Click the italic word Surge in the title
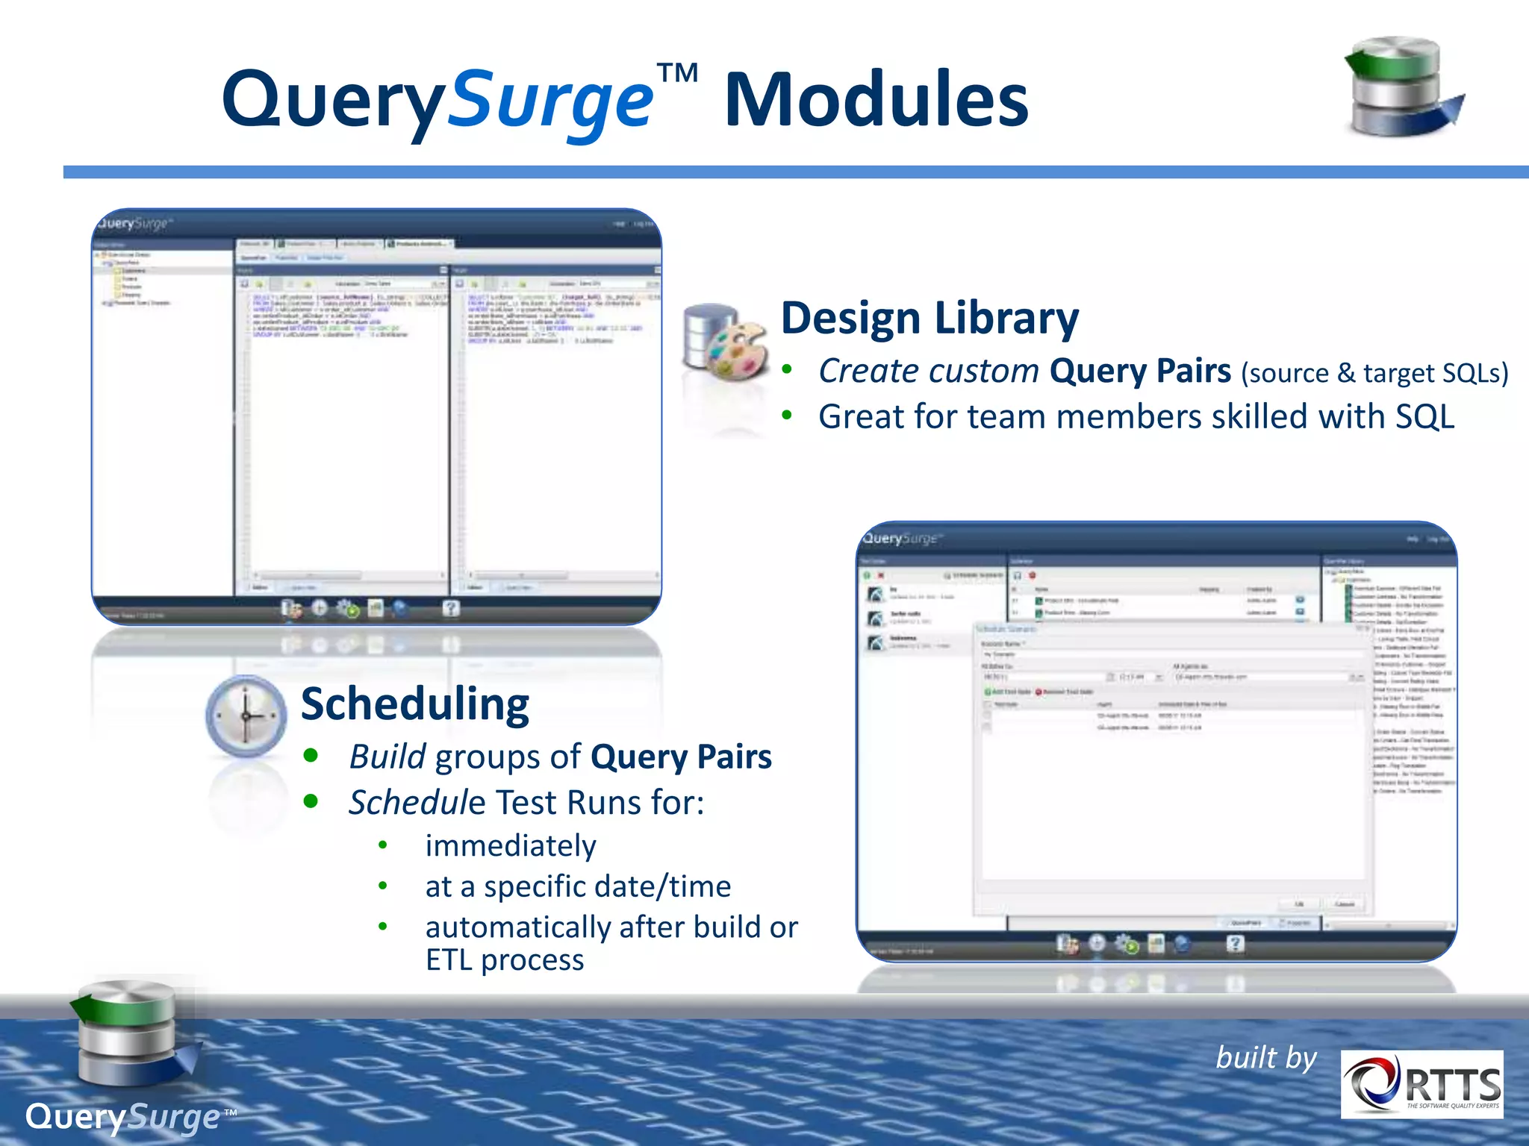point(550,101)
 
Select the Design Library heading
point(929,318)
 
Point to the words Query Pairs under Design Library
point(1139,371)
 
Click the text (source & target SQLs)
point(1374,373)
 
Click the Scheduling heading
point(415,704)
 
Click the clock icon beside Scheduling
point(246,716)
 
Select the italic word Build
point(387,757)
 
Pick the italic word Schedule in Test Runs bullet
point(417,803)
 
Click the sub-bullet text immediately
point(511,846)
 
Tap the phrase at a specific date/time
point(578,886)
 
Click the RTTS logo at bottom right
point(1421,1084)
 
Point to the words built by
point(1266,1057)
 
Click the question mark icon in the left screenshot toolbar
point(450,608)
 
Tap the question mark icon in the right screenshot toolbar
point(1235,944)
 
